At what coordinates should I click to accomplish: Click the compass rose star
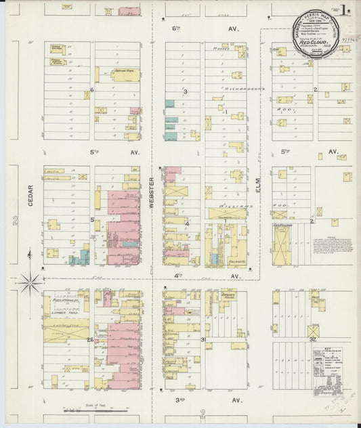click(x=30, y=282)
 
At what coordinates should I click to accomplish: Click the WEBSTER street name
click(x=152, y=189)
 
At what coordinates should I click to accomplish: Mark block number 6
click(x=91, y=89)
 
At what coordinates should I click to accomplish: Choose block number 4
click(x=187, y=221)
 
